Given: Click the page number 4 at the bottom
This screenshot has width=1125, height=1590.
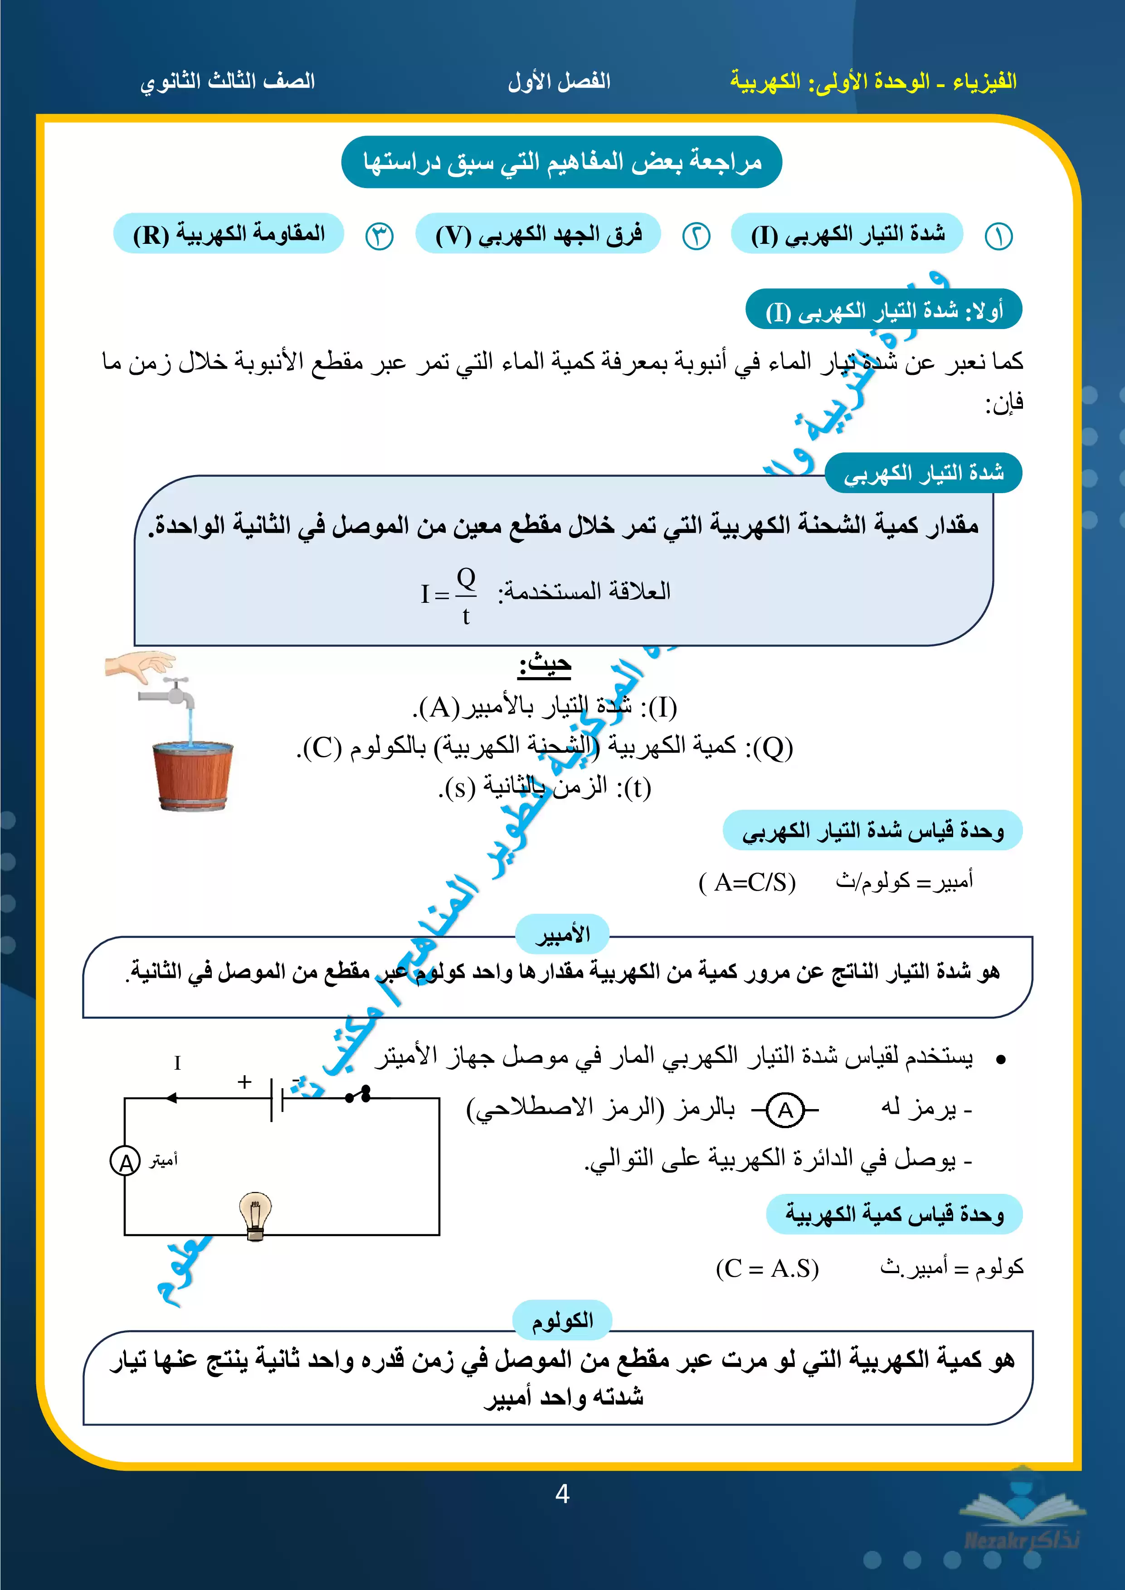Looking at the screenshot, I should (562, 1494).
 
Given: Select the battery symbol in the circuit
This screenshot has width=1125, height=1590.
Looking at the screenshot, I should (277, 1098).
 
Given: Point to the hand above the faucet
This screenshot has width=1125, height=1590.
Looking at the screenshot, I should (140, 664).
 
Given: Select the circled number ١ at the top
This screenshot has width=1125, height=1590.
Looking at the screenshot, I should (998, 236).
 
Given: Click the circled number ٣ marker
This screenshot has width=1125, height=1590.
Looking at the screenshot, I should (379, 236).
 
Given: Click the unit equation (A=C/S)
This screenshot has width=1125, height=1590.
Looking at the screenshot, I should (747, 882).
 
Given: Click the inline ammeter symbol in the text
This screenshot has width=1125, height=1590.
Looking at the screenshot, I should (785, 1110).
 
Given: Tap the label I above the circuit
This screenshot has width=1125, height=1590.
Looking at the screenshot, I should (177, 1063).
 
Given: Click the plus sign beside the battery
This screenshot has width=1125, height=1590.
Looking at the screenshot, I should (244, 1082).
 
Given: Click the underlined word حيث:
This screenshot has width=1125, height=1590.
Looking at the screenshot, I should (545, 665).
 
